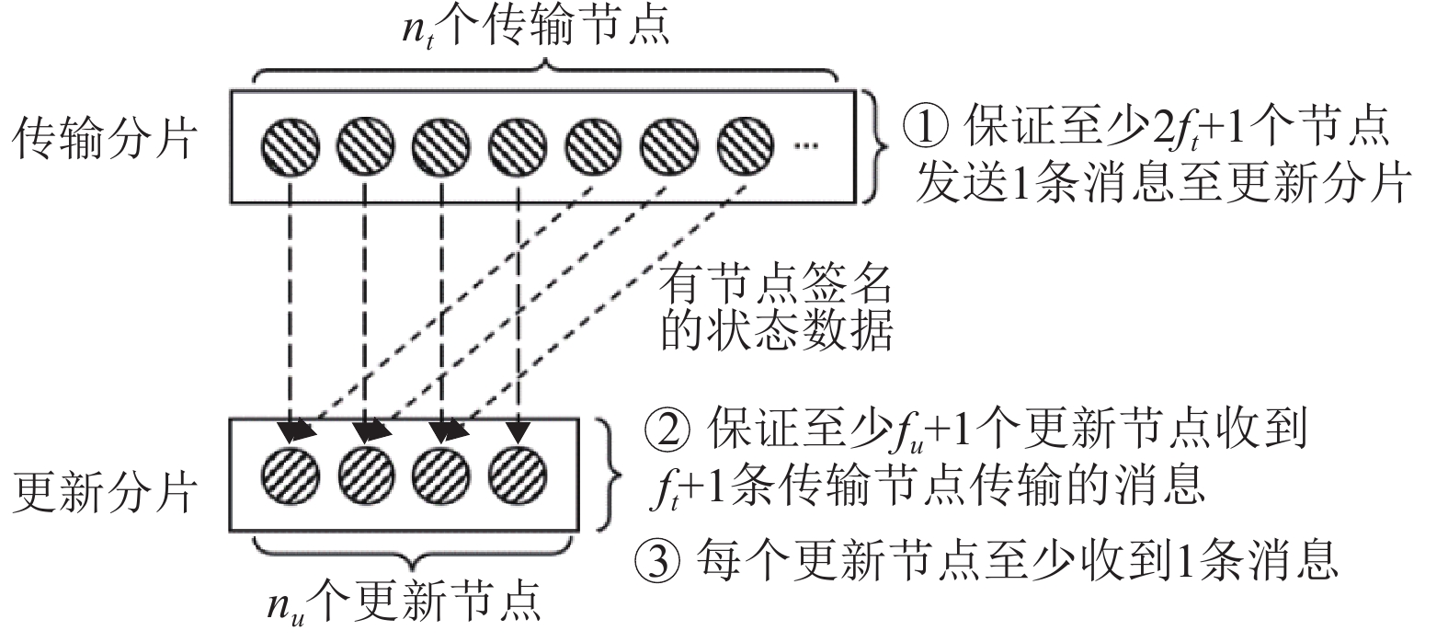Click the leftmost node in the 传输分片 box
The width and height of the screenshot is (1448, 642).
(291, 144)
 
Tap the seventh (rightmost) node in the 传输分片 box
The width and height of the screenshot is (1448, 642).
(747, 144)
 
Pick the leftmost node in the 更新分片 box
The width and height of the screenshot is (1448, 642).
(291, 474)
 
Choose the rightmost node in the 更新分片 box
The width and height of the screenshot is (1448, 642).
(519, 474)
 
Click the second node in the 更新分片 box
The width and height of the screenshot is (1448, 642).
(367, 474)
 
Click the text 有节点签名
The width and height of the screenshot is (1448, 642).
(775, 284)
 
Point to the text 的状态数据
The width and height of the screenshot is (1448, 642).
(775, 332)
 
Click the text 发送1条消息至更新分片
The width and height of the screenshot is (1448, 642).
(1161, 184)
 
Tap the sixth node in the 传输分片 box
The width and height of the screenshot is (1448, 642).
(670, 144)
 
